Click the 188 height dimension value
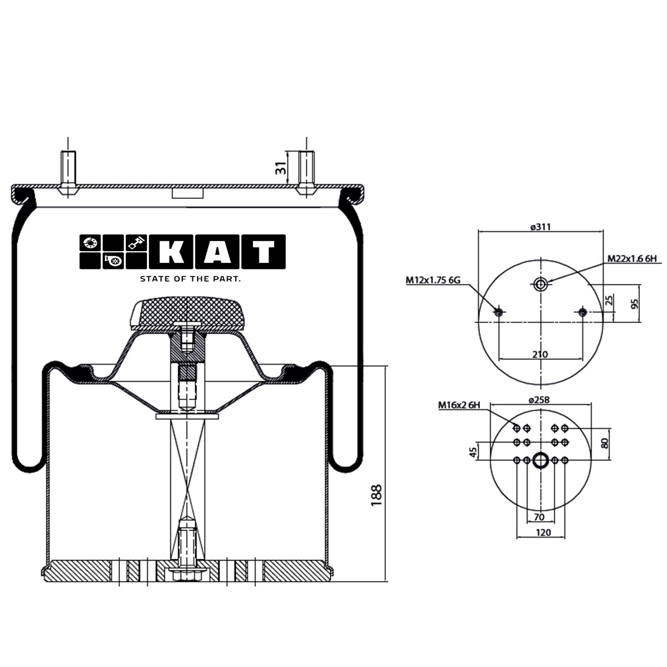376,495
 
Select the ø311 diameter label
540,227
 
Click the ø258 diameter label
540,399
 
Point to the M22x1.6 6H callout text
631,259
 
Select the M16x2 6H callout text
459,405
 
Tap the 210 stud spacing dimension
540,354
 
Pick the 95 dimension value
635,303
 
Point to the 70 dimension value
540,517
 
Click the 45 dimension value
472,452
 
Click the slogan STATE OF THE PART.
190,279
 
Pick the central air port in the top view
541,285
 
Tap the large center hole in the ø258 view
541,460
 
